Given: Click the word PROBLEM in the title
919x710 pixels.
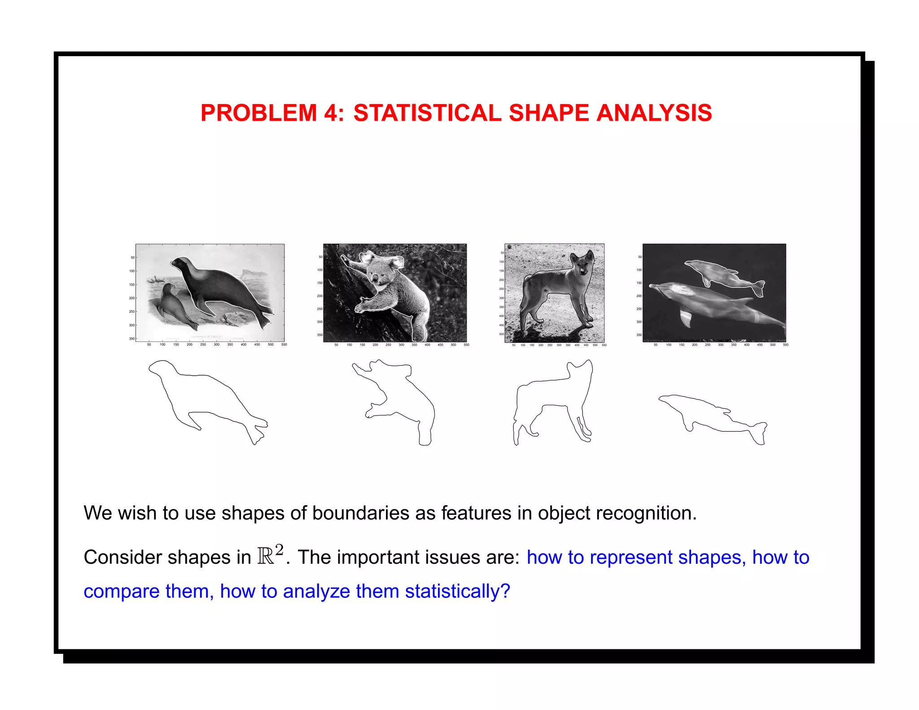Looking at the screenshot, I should pos(259,113).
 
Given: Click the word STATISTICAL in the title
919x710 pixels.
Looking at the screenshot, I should pos(427,113).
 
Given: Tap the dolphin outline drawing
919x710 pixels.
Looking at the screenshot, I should pos(713,417).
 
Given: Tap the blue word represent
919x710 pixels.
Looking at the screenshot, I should pos(631,558).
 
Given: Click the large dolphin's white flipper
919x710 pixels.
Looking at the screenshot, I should pos(686,318).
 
